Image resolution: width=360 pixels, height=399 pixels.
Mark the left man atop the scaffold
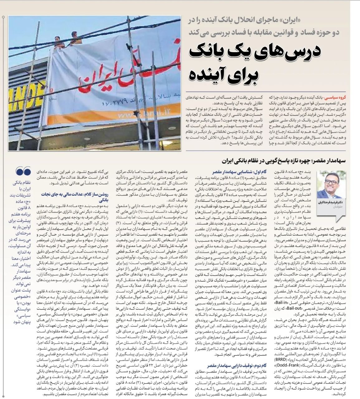coord(57,42)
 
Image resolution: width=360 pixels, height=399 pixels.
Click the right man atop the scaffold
coord(74,39)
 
